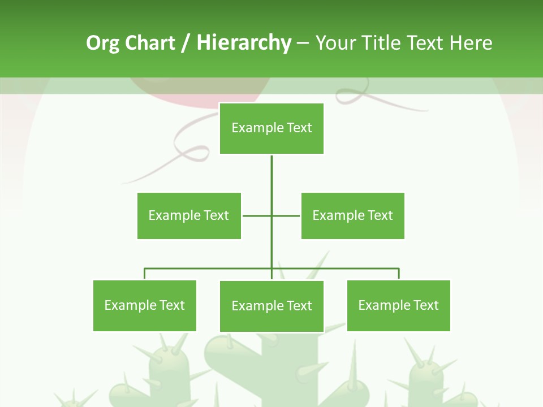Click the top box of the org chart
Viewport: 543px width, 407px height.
pyautogui.click(x=271, y=128)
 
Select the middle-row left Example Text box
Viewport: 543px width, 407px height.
pyautogui.click(x=189, y=215)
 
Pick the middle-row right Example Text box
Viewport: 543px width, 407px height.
pyautogui.click(x=352, y=215)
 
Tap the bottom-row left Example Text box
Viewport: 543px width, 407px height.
pyautogui.click(x=145, y=305)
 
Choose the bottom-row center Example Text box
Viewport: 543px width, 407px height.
pyautogui.click(x=271, y=306)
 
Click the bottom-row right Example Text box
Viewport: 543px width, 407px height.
pyautogui.click(x=398, y=305)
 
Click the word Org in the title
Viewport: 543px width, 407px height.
pyautogui.click(x=102, y=44)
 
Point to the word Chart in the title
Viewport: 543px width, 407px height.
pyautogui.click(x=149, y=43)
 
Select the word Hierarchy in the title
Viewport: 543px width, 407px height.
pyautogui.click(x=243, y=43)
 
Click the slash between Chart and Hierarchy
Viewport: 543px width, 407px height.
pyautogui.click(x=186, y=44)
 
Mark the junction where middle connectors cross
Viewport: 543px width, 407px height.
pyautogui.click(x=271, y=215)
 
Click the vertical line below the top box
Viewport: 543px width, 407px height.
pyautogui.click(x=271, y=175)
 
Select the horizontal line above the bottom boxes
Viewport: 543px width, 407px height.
pyautogui.click(x=209, y=269)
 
